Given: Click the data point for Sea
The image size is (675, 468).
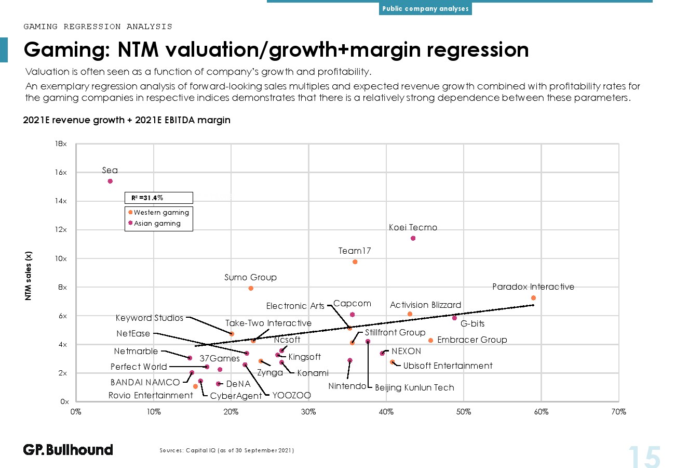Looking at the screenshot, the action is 110,181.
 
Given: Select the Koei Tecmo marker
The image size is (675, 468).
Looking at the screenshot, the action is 413,238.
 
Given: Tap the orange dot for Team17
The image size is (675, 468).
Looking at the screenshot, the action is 355,262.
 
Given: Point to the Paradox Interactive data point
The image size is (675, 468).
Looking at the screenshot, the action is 533,298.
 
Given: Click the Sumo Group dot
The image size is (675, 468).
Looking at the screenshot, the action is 251,289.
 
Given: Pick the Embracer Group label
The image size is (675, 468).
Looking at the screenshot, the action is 472,340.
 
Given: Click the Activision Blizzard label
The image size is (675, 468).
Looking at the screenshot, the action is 425,305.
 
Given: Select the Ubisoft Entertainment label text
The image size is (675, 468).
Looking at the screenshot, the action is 448,366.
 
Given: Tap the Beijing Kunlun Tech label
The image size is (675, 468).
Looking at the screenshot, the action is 414,387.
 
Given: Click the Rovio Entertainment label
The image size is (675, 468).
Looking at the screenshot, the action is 151,395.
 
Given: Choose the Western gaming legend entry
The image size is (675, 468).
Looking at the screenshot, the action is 159,213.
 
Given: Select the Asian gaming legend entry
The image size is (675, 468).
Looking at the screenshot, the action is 155,223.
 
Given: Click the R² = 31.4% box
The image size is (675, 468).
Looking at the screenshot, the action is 159,198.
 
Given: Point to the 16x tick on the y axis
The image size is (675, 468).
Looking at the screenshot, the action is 61,172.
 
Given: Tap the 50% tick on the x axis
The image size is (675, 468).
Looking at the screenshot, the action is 464,412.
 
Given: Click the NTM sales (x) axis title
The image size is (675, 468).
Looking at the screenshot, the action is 28,276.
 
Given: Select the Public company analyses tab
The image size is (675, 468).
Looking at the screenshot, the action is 425,8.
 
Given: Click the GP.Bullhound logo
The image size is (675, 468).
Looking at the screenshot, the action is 68,450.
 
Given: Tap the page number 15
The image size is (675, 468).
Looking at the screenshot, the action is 644,457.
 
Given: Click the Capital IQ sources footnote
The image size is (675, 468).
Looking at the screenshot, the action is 226,450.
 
